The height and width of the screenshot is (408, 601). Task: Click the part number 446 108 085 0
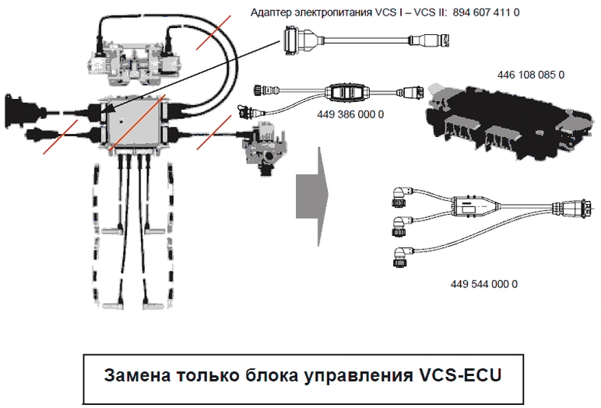(530, 75)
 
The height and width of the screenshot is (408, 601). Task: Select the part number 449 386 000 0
(350, 114)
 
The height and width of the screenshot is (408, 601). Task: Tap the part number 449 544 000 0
(483, 283)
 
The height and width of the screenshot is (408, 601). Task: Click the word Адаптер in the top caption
(272, 13)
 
